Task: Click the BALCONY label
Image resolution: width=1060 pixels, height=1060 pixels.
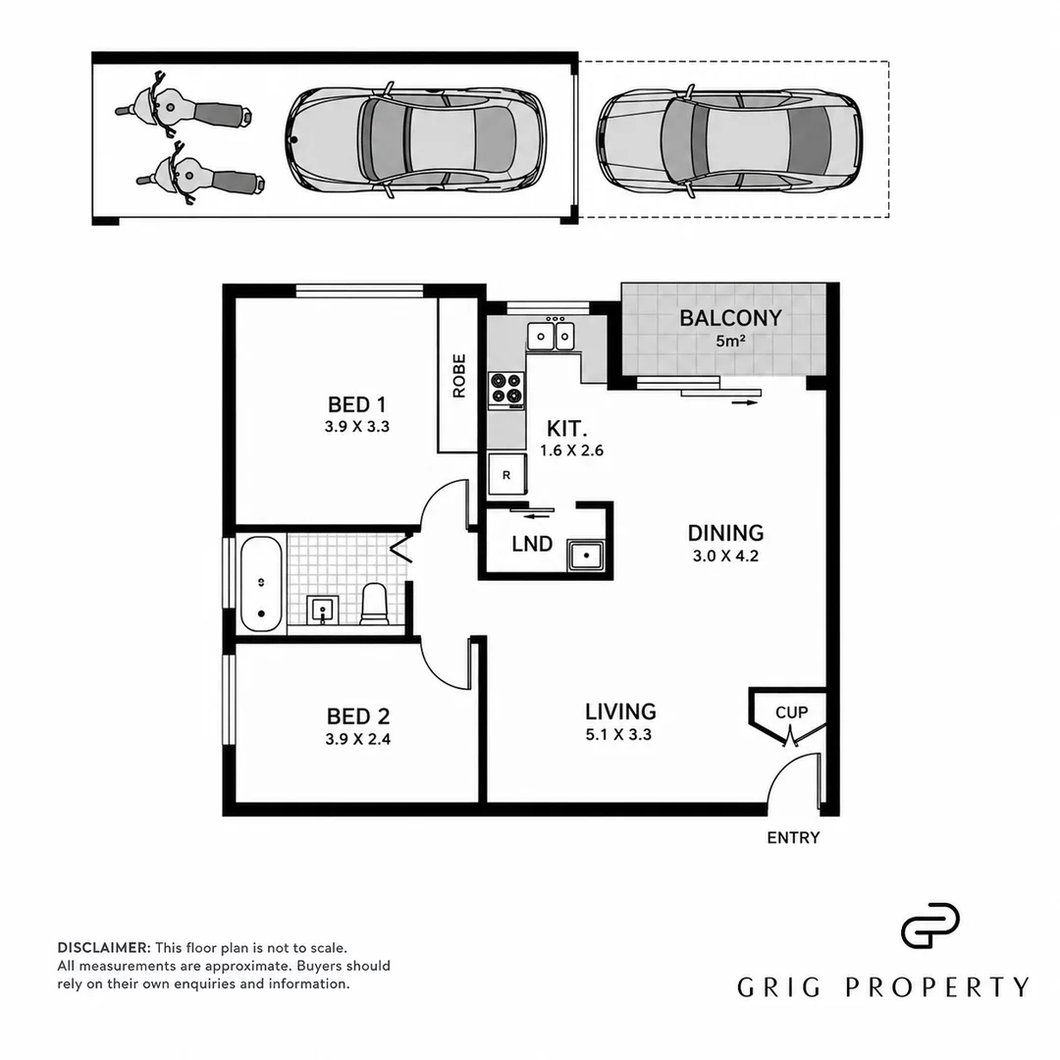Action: (x=730, y=318)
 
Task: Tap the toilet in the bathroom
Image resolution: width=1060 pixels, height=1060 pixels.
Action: (x=373, y=604)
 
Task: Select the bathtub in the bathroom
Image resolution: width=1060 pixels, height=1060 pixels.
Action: (x=261, y=584)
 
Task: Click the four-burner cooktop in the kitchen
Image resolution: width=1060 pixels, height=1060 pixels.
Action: (x=506, y=391)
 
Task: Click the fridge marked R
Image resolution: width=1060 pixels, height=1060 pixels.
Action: (x=506, y=475)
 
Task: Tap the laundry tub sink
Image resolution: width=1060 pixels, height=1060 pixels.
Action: (x=587, y=556)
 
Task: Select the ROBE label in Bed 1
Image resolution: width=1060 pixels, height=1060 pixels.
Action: (x=459, y=376)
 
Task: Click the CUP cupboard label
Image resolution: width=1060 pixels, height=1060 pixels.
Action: (x=792, y=713)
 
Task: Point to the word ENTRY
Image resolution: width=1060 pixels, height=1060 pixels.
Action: (x=793, y=837)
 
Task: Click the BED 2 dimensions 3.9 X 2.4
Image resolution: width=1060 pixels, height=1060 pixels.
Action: (x=357, y=739)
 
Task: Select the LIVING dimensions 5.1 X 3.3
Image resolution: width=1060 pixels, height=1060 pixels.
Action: (x=618, y=735)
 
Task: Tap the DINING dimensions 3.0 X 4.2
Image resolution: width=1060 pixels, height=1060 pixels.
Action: (x=725, y=556)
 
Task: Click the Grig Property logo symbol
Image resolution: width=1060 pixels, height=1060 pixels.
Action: (x=930, y=926)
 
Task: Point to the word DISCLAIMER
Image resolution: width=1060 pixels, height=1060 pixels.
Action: (x=104, y=948)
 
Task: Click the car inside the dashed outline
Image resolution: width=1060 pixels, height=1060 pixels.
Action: (x=728, y=140)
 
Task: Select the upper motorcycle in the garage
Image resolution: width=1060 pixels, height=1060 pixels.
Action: (x=183, y=108)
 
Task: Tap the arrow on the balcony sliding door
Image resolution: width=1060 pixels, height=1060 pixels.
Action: (x=744, y=403)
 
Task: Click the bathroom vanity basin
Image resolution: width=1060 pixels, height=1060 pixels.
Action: (x=323, y=610)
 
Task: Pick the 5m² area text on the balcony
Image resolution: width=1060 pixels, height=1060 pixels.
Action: (x=730, y=341)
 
